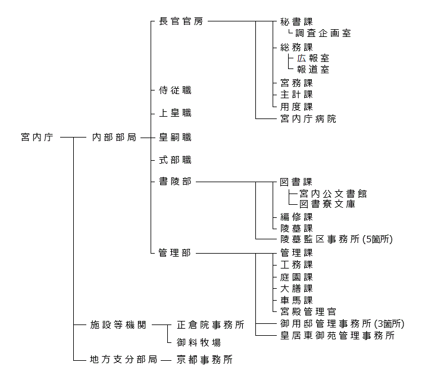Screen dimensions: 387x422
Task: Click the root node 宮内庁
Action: (x=37, y=138)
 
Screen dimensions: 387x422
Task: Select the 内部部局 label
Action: (x=114, y=138)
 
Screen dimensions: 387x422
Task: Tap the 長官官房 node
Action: (x=182, y=21)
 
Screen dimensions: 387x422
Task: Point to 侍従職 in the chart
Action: (x=175, y=90)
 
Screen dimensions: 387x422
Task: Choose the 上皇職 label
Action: (x=175, y=113)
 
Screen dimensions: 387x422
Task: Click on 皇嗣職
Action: (x=175, y=138)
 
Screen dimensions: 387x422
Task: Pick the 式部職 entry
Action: (x=175, y=160)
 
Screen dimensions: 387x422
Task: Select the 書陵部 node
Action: (x=175, y=182)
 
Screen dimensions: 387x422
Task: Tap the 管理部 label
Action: (x=175, y=253)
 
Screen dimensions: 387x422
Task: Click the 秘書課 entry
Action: (x=296, y=21)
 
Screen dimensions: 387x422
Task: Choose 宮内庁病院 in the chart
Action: (x=308, y=118)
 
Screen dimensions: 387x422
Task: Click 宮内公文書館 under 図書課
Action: (x=333, y=193)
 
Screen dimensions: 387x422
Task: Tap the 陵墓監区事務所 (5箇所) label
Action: (x=336, y=239)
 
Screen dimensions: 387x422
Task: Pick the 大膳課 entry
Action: (x=296, y=289)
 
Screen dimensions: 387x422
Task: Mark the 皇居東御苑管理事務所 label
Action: (x=337, y=336)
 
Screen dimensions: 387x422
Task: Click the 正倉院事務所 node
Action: (x=211, y=325)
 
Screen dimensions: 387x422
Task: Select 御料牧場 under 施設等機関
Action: (x=199, y=342)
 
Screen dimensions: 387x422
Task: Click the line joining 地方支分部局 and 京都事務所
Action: (x=166, y=360)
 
